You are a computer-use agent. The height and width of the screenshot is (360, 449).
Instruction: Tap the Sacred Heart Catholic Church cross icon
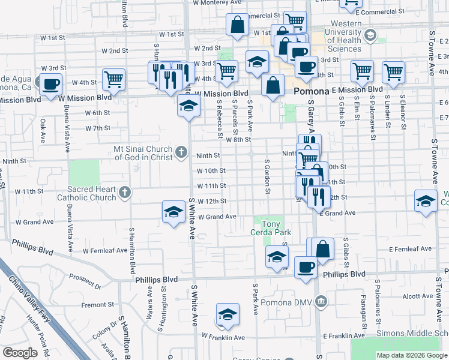click(x=125, y=193)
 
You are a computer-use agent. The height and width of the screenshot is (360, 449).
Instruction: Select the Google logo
click(x=20, y=353)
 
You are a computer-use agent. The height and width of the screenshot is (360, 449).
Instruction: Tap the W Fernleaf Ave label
click(x=105, y=250)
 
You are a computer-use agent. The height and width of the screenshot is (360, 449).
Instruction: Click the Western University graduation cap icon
click(x=370, y=35)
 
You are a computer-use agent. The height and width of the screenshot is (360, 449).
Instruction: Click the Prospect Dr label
click(x=83, y=277)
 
